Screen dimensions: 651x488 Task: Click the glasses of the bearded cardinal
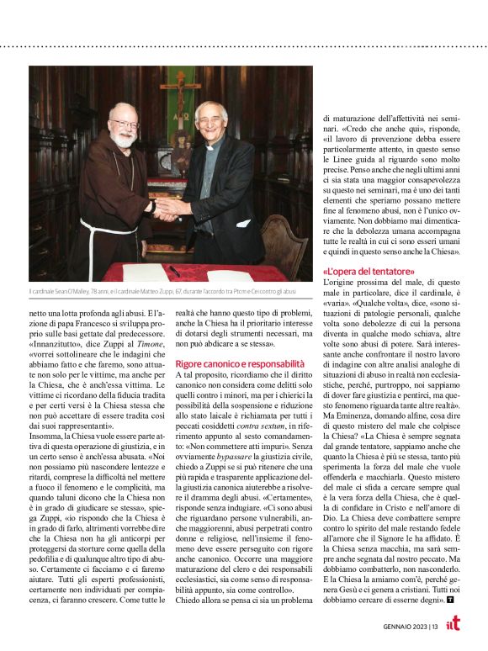pos(123,124)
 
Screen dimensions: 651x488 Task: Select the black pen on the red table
pos(173,271)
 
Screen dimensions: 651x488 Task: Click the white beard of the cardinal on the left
pos(123,138)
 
